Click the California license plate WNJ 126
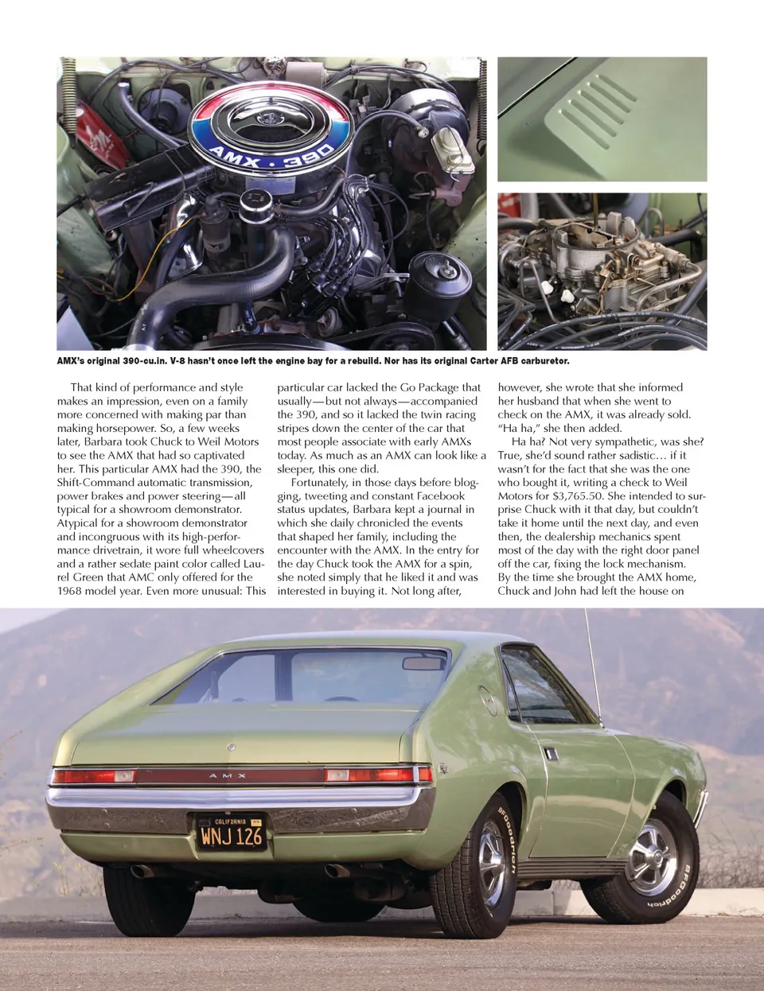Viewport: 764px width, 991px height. point(231,832)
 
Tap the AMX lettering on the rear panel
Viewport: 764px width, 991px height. point(228,775)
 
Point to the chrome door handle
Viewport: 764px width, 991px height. point(551,752)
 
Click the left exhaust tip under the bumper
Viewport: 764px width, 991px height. point(142,870)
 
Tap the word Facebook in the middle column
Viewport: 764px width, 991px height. point(440,495)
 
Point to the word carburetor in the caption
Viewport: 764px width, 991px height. point(544,361)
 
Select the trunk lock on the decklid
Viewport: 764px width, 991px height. point(231,748)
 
